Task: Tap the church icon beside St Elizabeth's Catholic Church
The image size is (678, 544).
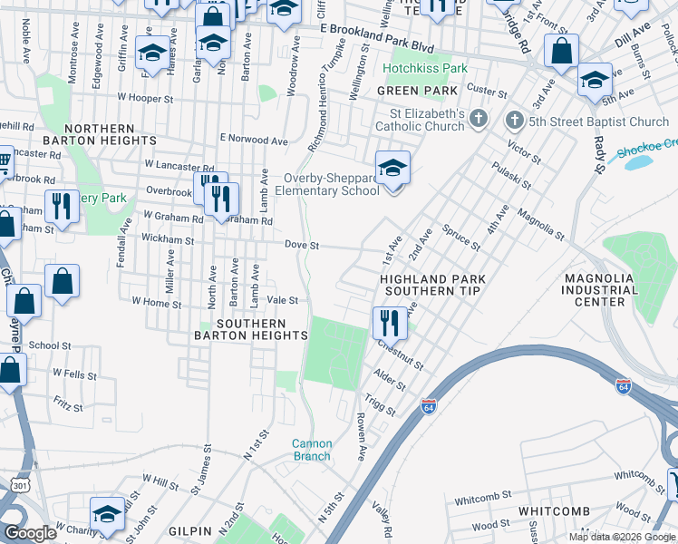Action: (479, 120)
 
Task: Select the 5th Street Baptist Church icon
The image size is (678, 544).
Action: (514, 121)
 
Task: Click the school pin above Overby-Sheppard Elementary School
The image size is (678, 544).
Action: (392, 169)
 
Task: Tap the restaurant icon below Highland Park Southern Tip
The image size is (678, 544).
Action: (389, 321)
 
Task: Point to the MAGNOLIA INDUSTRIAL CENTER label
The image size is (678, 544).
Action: (600, 289)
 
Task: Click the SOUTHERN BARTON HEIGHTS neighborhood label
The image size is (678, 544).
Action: (250, 329)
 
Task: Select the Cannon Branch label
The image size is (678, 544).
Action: (311, 450)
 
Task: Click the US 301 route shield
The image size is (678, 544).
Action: (18, 485)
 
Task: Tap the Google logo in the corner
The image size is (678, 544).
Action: (31, 533)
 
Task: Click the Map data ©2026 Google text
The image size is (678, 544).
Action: (622, 537)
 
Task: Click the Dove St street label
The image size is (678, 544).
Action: (302, 245)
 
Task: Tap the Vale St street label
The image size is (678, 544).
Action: (282, 300)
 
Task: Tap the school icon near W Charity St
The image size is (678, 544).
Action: (107, 513)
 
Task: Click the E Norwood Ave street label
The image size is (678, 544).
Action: (253, 140)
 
